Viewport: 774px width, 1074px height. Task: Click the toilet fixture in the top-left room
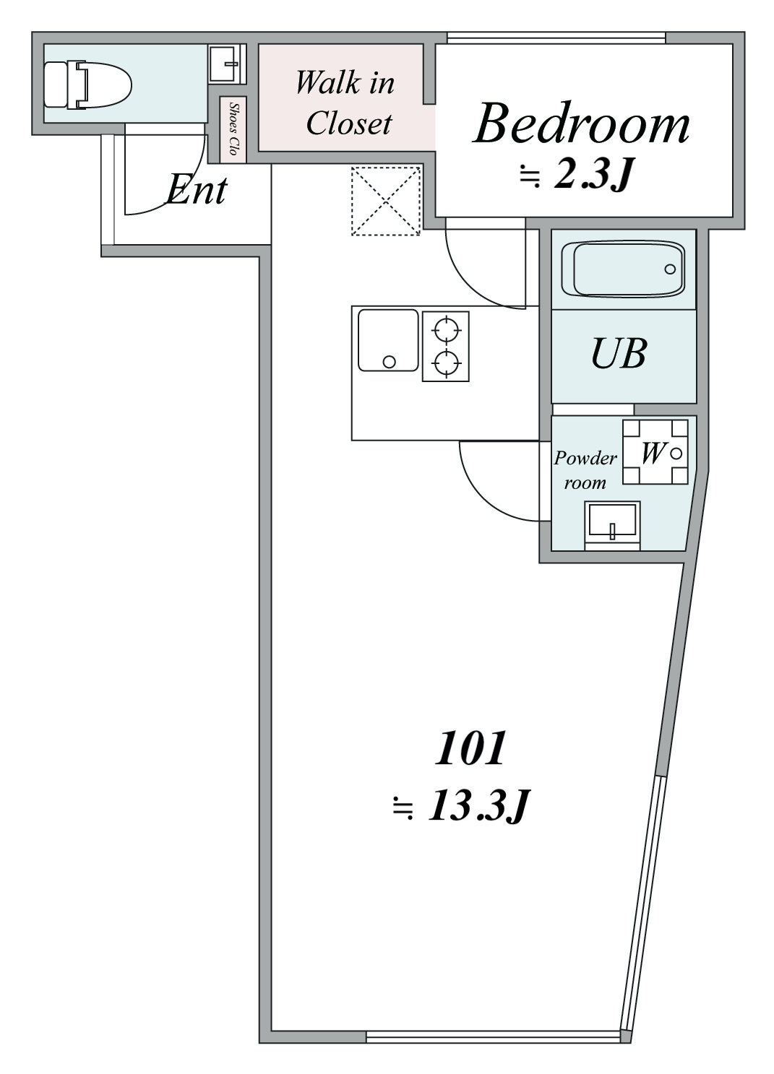click(87, 85)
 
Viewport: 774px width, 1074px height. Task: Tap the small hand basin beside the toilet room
click(227, 64)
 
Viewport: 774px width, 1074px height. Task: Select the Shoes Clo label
click(233, 129)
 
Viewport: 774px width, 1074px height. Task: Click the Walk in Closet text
click(346, 103)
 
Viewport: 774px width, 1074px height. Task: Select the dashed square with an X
click(386, 201)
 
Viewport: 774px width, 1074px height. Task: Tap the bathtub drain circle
click(670, 269)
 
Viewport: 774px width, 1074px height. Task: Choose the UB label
click(618, 354)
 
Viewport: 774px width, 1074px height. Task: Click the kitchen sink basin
click(389, 340)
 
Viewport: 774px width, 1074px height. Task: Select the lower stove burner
click(446, 361)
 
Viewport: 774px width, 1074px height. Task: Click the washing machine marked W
click(655, 454)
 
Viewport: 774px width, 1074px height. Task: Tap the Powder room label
click(585, 469)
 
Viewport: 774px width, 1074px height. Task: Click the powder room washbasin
click(612, 522)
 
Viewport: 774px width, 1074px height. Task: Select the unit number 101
click(469, 749)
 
